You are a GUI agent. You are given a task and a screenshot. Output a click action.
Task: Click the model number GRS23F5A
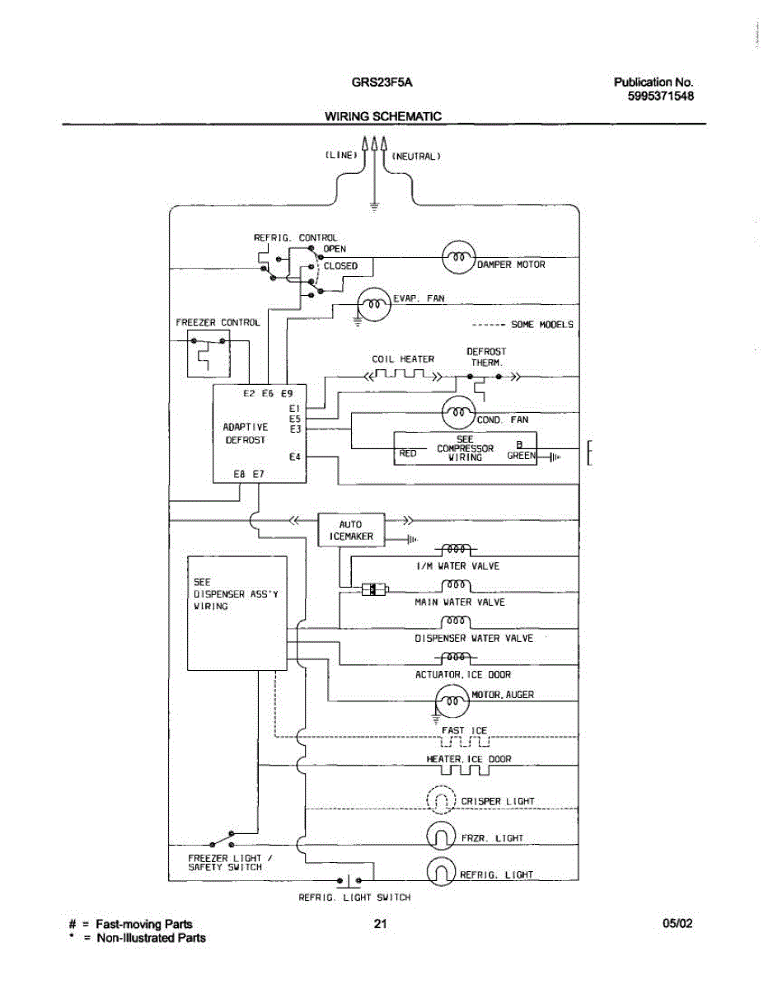382,82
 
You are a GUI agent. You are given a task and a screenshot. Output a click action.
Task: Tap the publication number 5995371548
660,96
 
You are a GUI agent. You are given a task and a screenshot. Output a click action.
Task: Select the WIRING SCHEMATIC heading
382,116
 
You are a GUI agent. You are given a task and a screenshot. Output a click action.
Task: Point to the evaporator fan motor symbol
373,305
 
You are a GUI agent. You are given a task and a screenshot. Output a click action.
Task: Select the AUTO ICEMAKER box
350,530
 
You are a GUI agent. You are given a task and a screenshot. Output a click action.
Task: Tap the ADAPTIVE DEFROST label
246,434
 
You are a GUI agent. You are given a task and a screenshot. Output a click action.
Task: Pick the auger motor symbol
451,701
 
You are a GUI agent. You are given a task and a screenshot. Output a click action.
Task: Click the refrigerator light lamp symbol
441,871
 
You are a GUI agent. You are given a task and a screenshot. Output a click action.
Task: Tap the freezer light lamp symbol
441,836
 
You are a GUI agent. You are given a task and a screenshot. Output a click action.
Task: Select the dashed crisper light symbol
441,799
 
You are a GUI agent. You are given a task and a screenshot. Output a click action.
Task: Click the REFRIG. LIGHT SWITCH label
354,898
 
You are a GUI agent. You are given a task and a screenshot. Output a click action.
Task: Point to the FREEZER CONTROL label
218,322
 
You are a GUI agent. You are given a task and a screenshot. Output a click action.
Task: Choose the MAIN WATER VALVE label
460,602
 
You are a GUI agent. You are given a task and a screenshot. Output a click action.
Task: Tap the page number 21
380,924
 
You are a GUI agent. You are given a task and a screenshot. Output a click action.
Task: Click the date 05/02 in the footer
677,924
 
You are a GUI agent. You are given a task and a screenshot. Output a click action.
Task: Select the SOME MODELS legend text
541,325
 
